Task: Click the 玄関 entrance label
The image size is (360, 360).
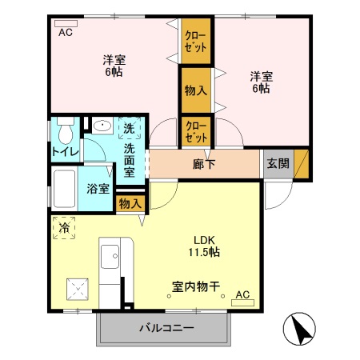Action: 278,164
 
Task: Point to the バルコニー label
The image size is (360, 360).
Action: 166,327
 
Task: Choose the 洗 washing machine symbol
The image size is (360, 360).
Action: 128,128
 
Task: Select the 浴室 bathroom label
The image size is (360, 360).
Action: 98,189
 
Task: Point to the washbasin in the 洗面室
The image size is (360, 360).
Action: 102,126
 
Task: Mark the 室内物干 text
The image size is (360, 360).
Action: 195,286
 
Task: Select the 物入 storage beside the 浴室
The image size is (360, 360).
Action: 130,204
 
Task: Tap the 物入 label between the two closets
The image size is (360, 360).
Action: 195,90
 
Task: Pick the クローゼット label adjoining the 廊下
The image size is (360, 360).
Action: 194,130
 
